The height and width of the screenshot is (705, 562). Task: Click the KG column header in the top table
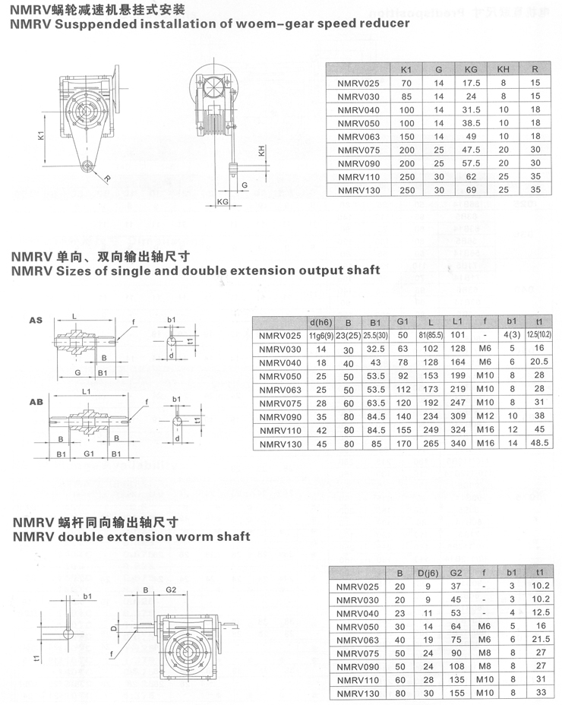coord(471,69)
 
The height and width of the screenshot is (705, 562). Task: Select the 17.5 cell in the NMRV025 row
coord(471,83)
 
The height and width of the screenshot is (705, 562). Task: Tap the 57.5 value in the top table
coord(471,163)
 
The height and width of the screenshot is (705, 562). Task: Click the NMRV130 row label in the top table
coord(358,190)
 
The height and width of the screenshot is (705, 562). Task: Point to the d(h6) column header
coord(321,322)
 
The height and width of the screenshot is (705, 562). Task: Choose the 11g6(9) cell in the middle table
coord(321,336)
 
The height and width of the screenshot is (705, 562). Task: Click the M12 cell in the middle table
coord(485,416)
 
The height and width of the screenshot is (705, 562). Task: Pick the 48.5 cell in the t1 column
coord(539,443)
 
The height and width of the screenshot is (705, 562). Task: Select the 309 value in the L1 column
coord(458,416)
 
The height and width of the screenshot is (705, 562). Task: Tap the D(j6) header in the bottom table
coord(428,574)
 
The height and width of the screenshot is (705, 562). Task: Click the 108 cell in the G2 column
coord(456,666)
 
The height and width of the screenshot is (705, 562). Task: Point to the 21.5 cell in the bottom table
coord(541,639)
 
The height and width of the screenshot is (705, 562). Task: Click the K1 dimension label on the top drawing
coord(40,135)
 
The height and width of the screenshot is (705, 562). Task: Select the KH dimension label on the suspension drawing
coord(261,150)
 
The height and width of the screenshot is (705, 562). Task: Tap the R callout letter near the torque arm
coord(107,179)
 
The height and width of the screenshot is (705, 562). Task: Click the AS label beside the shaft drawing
coord(36,320)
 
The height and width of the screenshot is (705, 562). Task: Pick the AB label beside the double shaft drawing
coord(36,402)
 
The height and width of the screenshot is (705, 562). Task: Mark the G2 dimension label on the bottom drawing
coord(171,590)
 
